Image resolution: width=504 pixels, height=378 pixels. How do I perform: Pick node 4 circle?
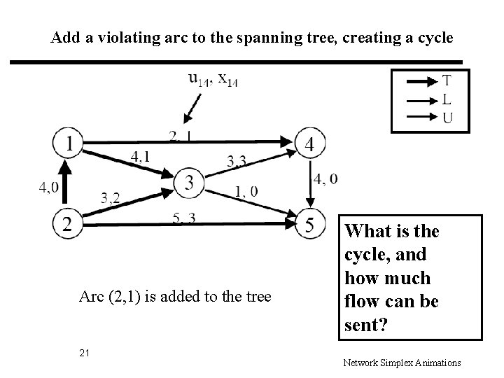coord(309,145)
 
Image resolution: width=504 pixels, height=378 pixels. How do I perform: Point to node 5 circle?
coord(309,223)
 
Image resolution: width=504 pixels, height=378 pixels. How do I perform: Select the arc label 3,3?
coord(237,161)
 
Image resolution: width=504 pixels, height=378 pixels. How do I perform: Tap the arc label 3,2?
coord(110,198)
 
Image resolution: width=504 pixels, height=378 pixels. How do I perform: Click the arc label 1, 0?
coord(246,190)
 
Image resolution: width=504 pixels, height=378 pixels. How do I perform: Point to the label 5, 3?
coord(184,218)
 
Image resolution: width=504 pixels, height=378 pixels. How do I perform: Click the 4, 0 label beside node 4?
coord(325,179)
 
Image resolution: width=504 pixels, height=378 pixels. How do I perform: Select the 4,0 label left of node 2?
coord(49,187)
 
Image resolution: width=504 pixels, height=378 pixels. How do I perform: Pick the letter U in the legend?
coord(447,117)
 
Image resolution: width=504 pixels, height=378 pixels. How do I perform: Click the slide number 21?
coord(85,352)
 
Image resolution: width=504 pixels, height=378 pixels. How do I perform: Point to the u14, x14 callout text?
coord(213,80)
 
